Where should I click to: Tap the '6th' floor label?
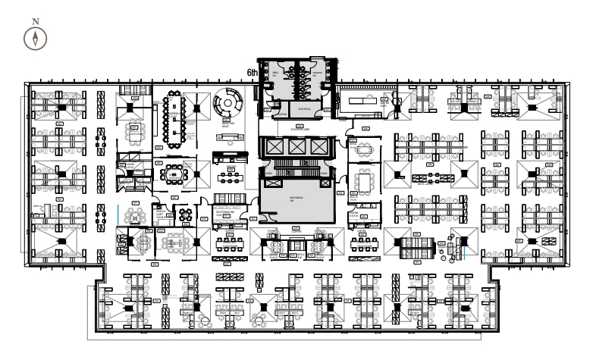tap(253, 73)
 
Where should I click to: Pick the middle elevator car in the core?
tap(296, 146)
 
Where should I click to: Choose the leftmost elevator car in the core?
tap(273, 146)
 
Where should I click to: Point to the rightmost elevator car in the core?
tap(319, 146)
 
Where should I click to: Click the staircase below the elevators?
tap(296, 164)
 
